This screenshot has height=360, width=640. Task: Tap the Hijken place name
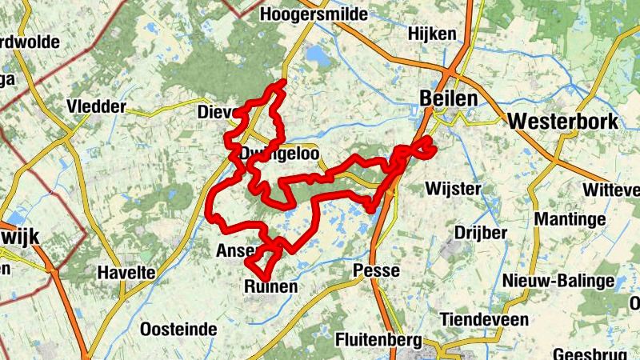[x=432, y=34]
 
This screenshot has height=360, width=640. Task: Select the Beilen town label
[x=448, y=98]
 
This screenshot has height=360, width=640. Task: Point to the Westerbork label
[x=563, y=122]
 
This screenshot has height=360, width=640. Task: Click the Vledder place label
[x=97, y=106]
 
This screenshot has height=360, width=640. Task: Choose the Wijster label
[x=454, y=189]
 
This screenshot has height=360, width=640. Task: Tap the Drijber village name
[x=481, y=233]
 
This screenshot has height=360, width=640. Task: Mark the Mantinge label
[x=566, y=218]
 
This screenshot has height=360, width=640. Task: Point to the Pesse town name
[x=376, y=270]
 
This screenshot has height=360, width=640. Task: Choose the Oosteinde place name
[x=178, y=329]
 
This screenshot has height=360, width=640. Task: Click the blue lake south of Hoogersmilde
[x=317, y=54]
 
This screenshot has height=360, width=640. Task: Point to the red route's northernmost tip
[x=281, y=82]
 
